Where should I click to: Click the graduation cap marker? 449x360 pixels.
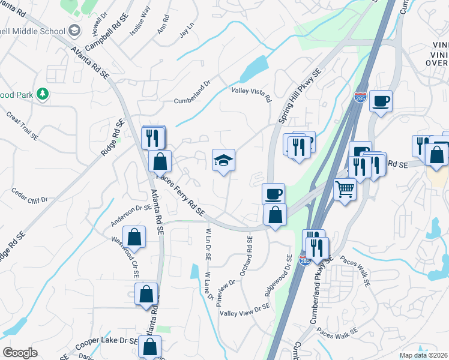pyautogui.click(x=223, y=160)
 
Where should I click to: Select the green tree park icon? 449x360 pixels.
pyautogui.click(x=42, y=94)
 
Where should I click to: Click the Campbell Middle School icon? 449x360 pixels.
pyautogui.click(x=74, y=31)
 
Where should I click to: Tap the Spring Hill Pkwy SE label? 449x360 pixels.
pyautogui.click(x=298, y=95)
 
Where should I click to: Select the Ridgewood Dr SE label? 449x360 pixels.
pyautogui.click(x=278, y=275)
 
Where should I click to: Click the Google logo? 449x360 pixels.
pyautogui.click(x=20, y=353)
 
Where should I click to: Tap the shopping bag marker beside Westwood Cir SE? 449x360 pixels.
pyautogui.click(x=134, y=237)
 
